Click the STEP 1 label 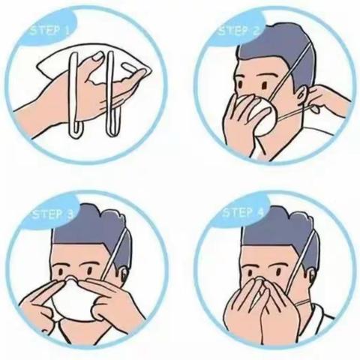pyautogui.click(x=49, y=31)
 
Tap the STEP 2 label pyautogui.click(x=239, y=31)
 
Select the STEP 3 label pyautogui.click(x=53, y=214)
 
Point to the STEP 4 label pyautogui.click(x=243, y=213)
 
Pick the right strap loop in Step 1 pyautogui.click(x=111, y=95)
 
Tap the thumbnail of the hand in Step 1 pyautogui.click(x=97, y=56)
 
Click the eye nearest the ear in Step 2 pyautogui.click(x=265, y=85)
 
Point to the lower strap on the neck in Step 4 pyautogui.click(x=303, y=303)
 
